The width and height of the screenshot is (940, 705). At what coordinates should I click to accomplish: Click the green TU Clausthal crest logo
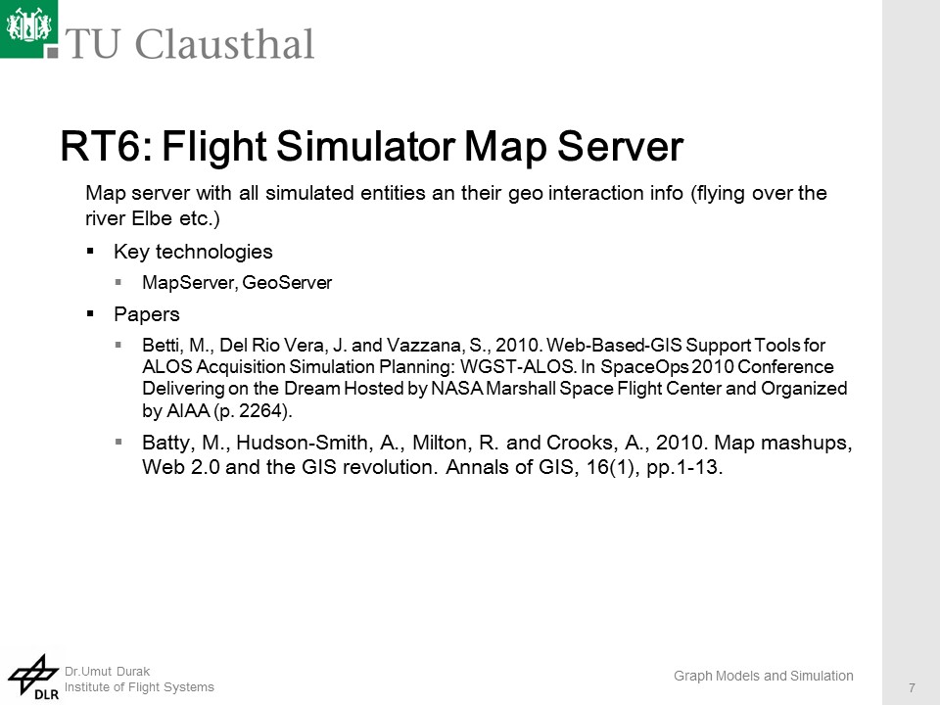click(28, 28)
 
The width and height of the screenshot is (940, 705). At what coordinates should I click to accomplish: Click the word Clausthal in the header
click(225, 44)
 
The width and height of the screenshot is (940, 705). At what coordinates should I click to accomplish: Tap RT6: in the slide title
click(107, 146)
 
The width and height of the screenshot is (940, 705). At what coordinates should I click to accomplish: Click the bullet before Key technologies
click(90, 251)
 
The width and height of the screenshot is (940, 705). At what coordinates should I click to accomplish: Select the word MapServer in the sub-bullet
click(189, 282)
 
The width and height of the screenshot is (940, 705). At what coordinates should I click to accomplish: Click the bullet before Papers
click(90, 313)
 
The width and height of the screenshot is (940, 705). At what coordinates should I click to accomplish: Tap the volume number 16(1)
click(612, 466)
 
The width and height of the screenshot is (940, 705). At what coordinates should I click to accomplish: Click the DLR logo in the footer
click(33, 678)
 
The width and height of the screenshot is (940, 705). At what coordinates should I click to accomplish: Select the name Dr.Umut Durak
click(108, 672)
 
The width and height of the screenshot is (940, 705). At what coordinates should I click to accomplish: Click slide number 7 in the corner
click(912, 687)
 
